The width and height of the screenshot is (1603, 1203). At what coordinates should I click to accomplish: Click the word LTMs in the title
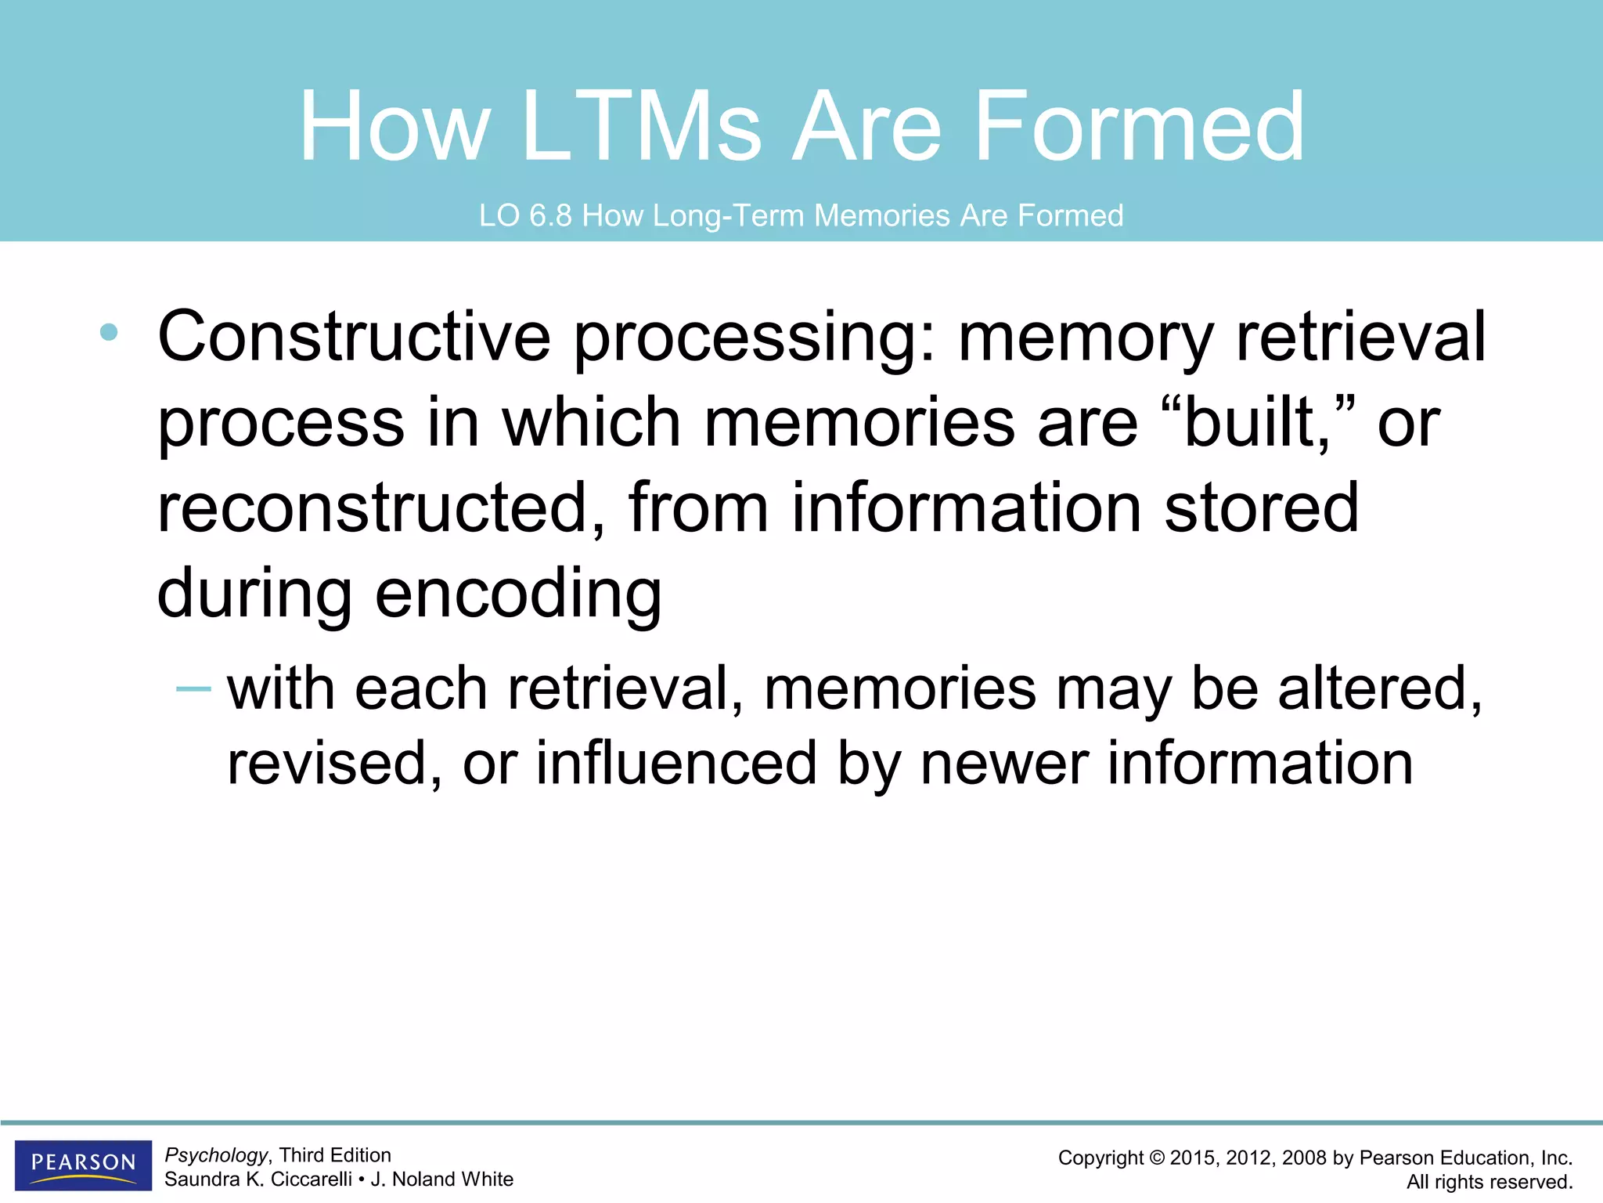point(641,127)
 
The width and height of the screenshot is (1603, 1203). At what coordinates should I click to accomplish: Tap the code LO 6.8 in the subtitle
point(525,215)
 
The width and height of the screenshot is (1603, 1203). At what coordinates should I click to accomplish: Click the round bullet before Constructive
point(109,332)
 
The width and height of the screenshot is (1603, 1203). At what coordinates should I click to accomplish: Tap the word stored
point(1261,508)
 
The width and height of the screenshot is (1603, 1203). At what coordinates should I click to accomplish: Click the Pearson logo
point(83,1164)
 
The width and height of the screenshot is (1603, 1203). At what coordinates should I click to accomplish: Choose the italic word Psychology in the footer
point(216,1155)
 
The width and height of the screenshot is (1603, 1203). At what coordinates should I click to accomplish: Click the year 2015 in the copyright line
point(1194,1158)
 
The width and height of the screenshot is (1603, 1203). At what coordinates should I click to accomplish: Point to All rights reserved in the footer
point(1490,1182)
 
